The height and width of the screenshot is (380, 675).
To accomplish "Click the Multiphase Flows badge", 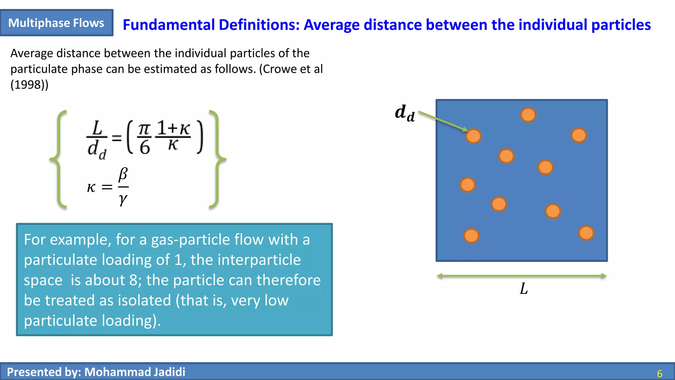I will [56, 23].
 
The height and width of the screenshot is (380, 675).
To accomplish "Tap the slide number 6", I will [660, 373].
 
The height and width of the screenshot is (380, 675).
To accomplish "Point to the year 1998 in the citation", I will [29, 85].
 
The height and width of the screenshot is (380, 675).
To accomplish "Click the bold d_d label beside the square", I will [405, 113].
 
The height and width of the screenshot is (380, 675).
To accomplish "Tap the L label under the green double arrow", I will [524, 289].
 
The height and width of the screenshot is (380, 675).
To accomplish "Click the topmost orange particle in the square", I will [528, 115].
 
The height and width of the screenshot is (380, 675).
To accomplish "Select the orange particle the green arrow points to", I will [474, 136].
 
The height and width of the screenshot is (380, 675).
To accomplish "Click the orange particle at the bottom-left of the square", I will [471, 236].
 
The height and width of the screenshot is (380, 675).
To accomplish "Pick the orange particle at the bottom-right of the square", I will [586, 233].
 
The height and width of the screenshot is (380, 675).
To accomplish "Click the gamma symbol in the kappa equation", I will [123, 199].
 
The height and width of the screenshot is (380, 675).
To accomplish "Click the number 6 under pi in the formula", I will [145, 147].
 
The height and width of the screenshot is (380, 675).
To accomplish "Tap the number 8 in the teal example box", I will [133, 280].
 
